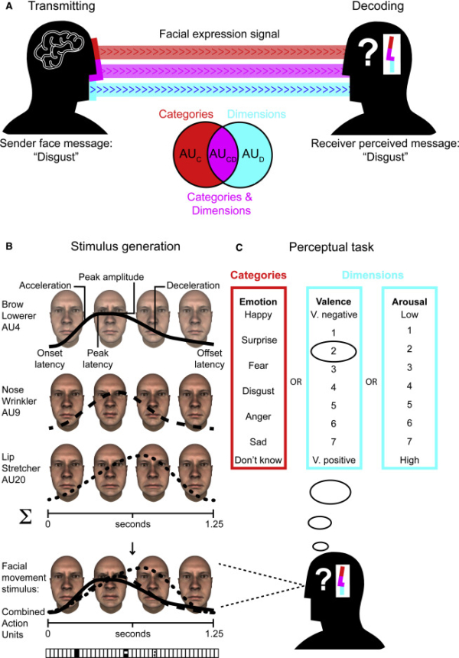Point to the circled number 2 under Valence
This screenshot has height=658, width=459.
tap(333, 353)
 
